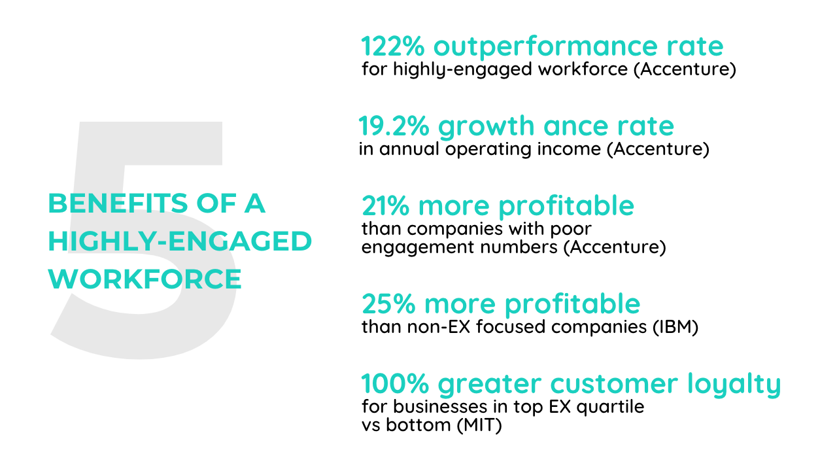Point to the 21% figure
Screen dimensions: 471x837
point(385,206)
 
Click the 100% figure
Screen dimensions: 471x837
point(395,383)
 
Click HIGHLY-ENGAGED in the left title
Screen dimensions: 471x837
point(180,241)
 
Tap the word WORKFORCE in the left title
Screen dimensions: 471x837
point(145,279)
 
